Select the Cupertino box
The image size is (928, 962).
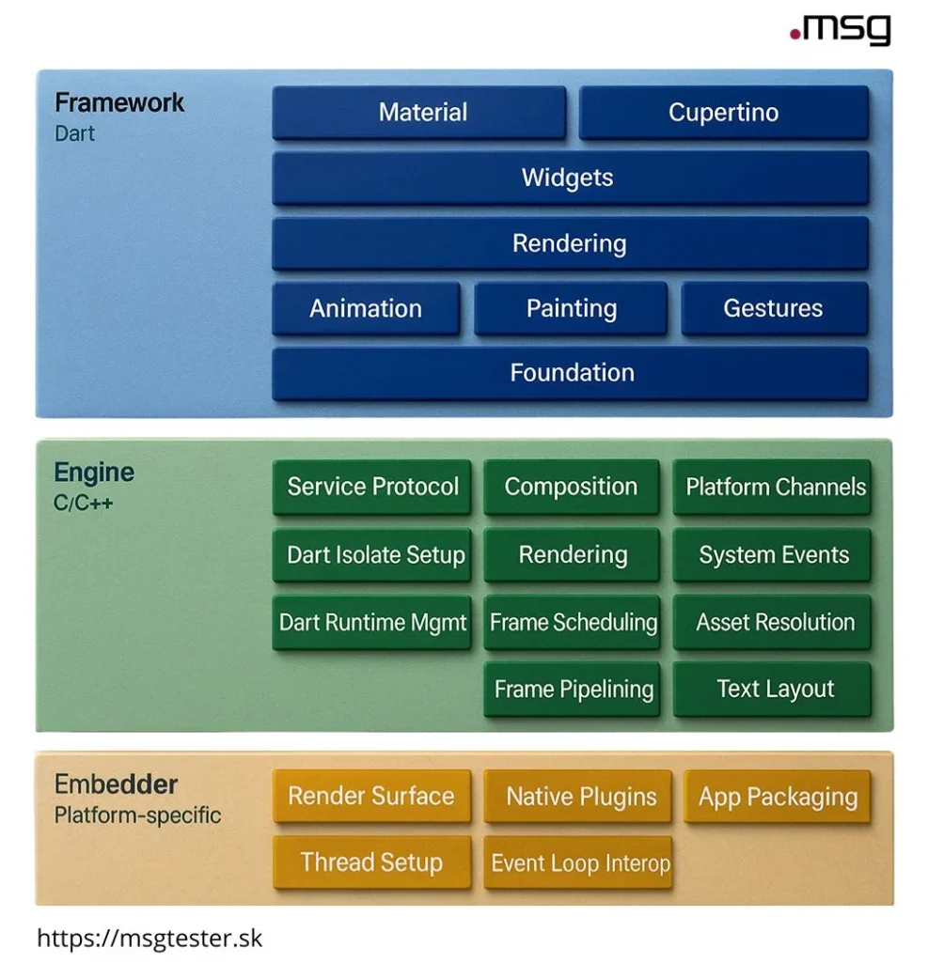(x=723, y=113)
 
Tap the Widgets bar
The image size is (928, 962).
(x=570, y=178)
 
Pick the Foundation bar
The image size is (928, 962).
(x=570, y=373)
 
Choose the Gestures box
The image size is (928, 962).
(x=774, y=309)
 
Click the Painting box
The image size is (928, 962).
(x=571, y=309)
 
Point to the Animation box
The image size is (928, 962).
(x=366, y=309)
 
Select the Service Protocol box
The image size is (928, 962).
(x=372, y=487)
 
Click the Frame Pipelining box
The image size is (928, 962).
(x=573, y=690)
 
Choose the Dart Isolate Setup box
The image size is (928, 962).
(x=373, y=554)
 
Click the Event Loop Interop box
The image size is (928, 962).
(x=579, y=863)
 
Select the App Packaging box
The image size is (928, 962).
(x=777, y=798)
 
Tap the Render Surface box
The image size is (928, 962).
(x=371, y=797)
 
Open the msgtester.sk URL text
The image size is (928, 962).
(x=150, y=937)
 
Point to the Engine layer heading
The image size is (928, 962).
(x=94, y=472)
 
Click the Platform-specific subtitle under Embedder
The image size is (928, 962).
(x=138, y=815)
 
